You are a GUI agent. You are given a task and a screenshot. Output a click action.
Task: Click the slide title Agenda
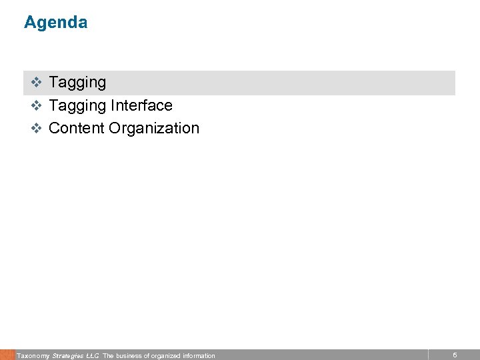[x=55, y=23]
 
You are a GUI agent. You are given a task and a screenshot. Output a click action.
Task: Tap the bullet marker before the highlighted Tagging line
[x=37, y=83]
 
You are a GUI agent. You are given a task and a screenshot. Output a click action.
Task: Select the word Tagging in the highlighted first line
[x=77, y=83]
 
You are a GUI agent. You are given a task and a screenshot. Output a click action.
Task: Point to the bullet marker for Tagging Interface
[x=37, y=105]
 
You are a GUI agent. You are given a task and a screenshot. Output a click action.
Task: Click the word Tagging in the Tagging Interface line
[x=77, y=105]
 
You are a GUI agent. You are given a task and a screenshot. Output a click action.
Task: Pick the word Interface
[x=141, y=105]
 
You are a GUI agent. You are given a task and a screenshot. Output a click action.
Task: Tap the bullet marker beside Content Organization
[x=37, y=128]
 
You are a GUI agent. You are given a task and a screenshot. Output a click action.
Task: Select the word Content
[x=76, y=128]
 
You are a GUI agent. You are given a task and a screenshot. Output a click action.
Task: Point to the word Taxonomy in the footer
[x=33, y=356]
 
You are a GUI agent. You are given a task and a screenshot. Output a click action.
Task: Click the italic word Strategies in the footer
[x=68, y=356]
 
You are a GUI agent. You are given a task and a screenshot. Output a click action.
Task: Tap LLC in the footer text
[x=93, y=356]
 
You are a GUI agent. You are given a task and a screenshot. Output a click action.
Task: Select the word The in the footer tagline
[x=108, y=356]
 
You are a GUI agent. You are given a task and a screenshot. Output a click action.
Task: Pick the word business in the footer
[x=129, y=356]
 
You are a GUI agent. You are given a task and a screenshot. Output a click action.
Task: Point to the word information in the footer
[x=199, y=356]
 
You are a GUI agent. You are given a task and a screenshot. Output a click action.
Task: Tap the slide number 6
[x=455, y=355]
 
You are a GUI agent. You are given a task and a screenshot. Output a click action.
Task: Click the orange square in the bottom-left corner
[x=7, y=355]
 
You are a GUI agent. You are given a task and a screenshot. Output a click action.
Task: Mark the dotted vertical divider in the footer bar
[x=428, y=355]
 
